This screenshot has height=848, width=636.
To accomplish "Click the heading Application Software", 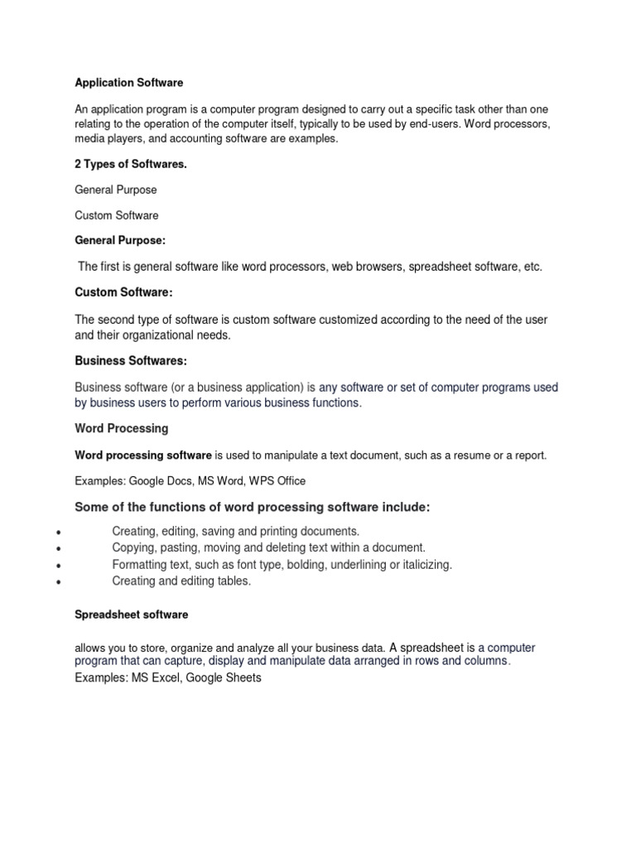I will coord(129,83).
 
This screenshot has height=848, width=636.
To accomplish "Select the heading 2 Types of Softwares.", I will coord(131,164).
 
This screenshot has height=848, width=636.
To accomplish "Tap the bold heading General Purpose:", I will coord(120,240).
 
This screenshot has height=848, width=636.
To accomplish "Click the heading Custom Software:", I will coord(123,292).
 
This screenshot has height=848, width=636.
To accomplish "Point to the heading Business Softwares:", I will coord(131,360).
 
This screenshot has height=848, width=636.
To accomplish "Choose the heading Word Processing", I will coord(122,428).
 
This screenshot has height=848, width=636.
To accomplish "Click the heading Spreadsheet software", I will coord(132,614).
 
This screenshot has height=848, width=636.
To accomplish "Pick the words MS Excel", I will coord(155,677).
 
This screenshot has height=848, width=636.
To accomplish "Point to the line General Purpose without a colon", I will coord(116,190).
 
